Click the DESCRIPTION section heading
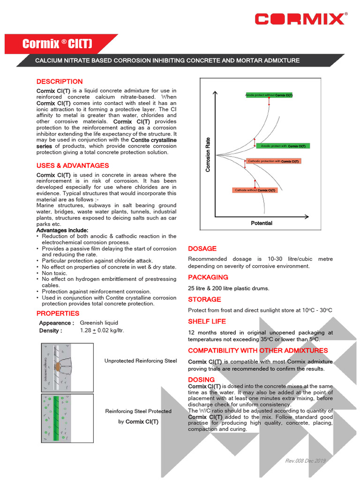[x=60, y=82]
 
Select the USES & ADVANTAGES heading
[x=73, y=165]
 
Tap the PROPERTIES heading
[x=58, y=313]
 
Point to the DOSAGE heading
[x=202, y=248]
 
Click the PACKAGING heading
[x=208, y=277]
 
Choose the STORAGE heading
[x=204, y=299]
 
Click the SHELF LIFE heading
[x=207, y=321]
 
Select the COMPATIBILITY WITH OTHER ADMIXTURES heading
[x=258, y=350]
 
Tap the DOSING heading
[x=201, y=379]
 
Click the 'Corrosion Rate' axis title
[x=208, y=154]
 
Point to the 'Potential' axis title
[x=262, y=223]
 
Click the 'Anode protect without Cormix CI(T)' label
[x=269, y=95]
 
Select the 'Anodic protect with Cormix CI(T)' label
[x=283, y=146]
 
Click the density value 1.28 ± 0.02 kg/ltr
[x=102, y=330]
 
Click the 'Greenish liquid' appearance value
[x=99, y=322]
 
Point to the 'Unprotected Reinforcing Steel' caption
[x=141, y=360]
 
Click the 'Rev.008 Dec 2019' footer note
[x=305, y=461]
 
